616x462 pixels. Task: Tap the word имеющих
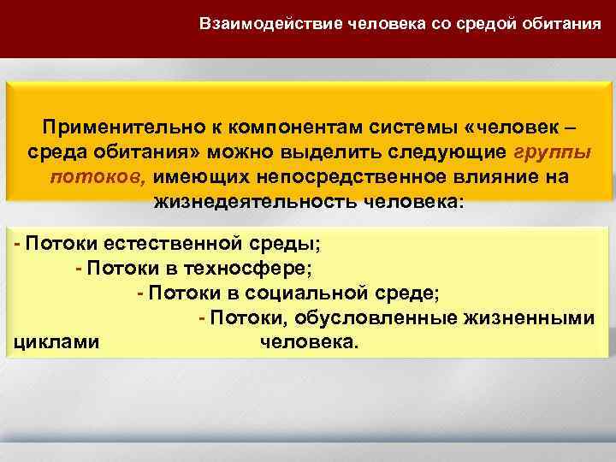tap(193, 177)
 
